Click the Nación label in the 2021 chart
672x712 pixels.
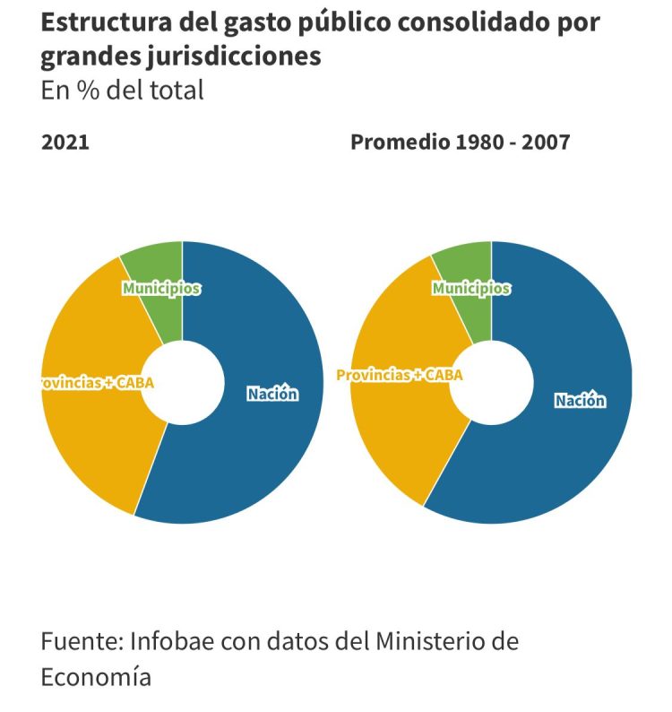[x=272, y=393]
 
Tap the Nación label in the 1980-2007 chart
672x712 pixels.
[x=580, y=400]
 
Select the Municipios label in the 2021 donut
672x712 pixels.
[x=161, y=288]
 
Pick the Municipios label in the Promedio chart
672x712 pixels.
[x=471, y=288]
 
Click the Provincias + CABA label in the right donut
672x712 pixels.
[x=400, y=375]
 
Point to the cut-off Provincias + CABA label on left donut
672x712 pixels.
[x=97, y=383]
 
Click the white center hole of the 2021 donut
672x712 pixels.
[x=183, y=383]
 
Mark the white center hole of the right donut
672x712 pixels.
[x=491, y=383]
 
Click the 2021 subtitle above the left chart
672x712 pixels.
[x=65, y=142]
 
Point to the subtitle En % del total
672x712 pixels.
[x=123, y=90]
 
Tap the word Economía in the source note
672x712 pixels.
[x=96, y=675]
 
